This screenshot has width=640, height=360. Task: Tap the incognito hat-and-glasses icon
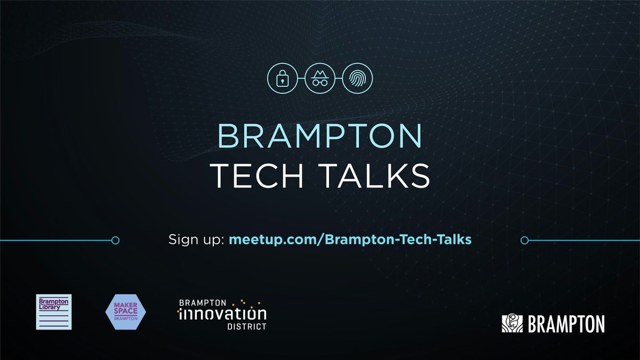click(320, 79)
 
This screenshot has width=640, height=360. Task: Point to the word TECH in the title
click(259, 175)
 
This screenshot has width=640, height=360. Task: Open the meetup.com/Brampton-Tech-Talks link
click(350, 239)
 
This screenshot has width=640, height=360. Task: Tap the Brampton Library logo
click(53, 311)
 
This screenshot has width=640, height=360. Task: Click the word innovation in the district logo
click(222, 313)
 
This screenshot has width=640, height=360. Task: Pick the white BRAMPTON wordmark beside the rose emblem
click(566, 324)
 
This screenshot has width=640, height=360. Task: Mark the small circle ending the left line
click(115, 241)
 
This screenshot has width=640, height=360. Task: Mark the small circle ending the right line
click(524, 241)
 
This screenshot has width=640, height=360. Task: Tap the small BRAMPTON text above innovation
click(203, 302)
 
